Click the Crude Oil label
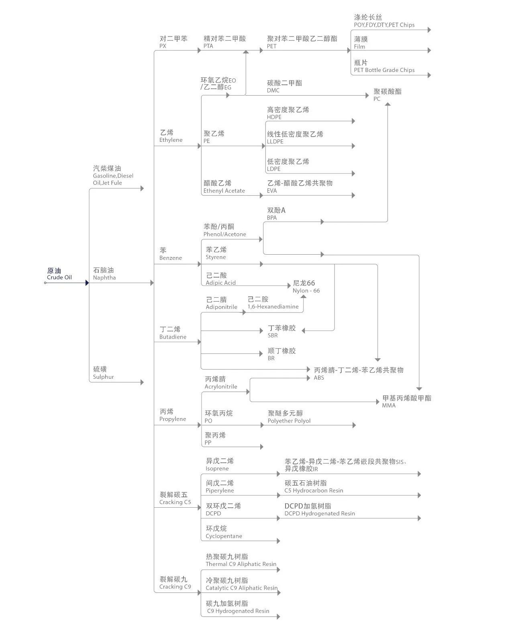(59, 278)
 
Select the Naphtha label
(104, 278)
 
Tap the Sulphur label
(103, 377)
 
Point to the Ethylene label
(171, 140)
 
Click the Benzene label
(170, 258)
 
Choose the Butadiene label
(173, 337)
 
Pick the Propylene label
(173, 419)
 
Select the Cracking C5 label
(175, 502)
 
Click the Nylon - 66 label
(306, 291)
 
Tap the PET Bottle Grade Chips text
(384, 70)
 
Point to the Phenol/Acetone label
(224, 234)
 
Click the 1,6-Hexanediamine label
(273, 307)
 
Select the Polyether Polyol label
(289, 421)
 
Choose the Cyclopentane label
(224, 536)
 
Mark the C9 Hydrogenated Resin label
(238, 611)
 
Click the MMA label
(389, 405)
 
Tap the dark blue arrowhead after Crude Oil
(87, 283)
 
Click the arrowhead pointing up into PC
(388, 104)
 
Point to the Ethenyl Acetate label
(224, 191)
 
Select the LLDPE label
(275, 141)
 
